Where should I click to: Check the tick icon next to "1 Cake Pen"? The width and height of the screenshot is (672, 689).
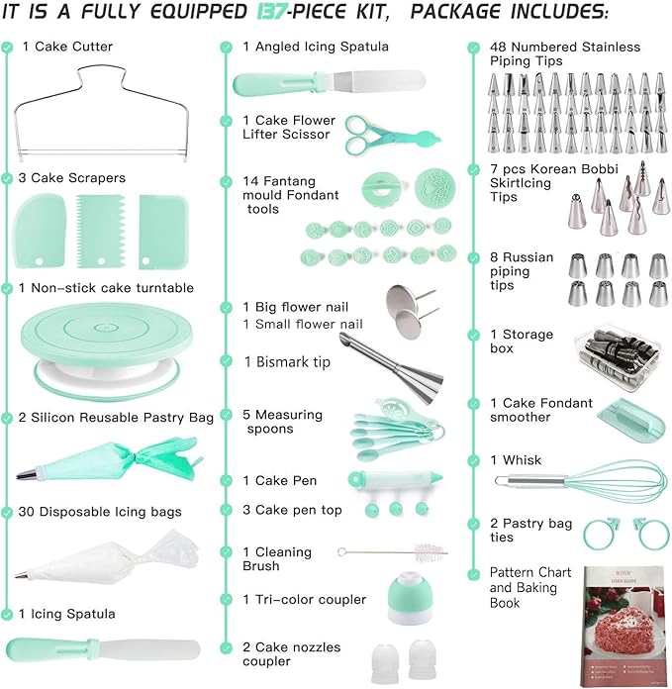point(227,481)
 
